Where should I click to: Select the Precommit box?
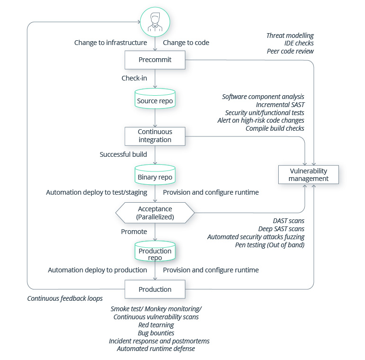(x=155, y=60)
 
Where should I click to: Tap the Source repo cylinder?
(x=155, y=100)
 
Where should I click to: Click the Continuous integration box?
(x=155, y=136)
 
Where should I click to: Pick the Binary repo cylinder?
(x=155, y=176)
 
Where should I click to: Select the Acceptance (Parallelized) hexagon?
(x=155, y=213)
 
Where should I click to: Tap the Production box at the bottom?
(x=155, y=289)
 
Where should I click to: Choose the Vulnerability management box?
(x=309, y=175)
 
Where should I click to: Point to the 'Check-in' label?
(x=134, y=78)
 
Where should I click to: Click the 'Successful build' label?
(x=123, y=154)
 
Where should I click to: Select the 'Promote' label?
(x=134, y=232)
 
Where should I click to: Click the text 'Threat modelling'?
(x=290, y=36)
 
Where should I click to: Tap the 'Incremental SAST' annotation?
(x=280, y=105)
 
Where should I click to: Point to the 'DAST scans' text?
(x=288, y=221)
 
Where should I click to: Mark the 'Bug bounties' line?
(x=155, y=333)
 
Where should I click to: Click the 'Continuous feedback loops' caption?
(x=64, y=298)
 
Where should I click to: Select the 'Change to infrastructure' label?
(x=110, y=43)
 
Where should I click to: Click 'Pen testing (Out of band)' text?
(x=270, y=245)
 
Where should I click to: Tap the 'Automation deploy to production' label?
(x=97, y=270)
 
